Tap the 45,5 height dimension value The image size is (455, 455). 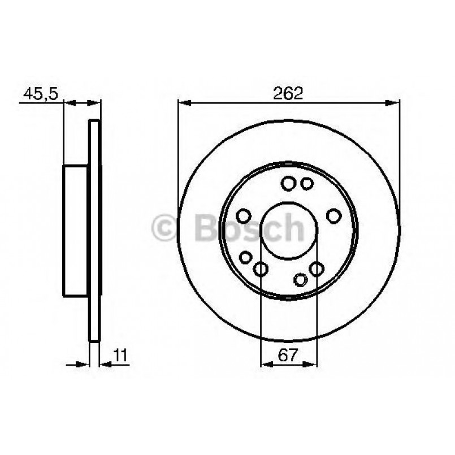point(40,94)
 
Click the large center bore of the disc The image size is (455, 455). point(288,229)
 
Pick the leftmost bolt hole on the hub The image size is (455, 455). point(244,217)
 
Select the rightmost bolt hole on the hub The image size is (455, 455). point(334,215)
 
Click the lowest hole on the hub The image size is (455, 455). point(301,279)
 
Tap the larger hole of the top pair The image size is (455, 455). point(288,183)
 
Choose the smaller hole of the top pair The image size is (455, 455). point(307,183)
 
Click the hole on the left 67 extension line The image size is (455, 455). point(261,269)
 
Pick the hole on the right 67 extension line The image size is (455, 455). point(317,269)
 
